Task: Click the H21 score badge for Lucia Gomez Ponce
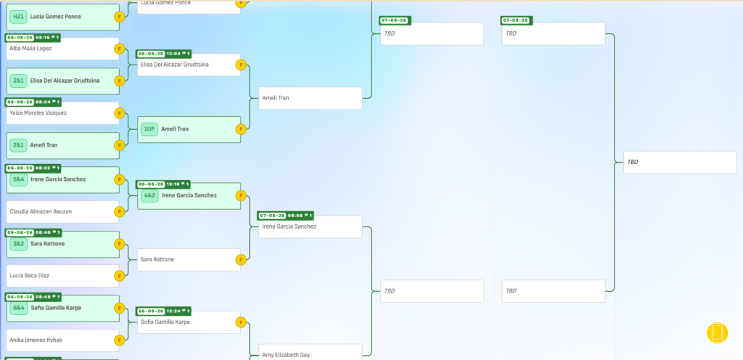(18, 17)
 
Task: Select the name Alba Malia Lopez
(30, 49)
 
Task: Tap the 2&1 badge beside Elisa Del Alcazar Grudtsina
(18, 81)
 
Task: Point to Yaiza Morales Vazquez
(38, 113)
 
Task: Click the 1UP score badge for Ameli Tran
(149, 129)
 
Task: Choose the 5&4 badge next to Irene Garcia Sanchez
(18, 179)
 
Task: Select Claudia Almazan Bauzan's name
(41, 212)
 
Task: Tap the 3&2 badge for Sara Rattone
(18, 244)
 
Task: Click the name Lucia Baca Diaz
(29, 276)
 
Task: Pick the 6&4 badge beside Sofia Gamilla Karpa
(18, 308)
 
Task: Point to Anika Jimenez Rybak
(36, 340)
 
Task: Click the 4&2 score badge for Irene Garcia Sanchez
(149, 196)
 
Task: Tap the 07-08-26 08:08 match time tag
(285, 216)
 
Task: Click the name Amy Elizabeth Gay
(286, 355)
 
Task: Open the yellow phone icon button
(717, 333)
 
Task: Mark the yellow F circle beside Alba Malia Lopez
(120, 49)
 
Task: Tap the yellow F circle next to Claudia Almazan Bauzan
(120, 212)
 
